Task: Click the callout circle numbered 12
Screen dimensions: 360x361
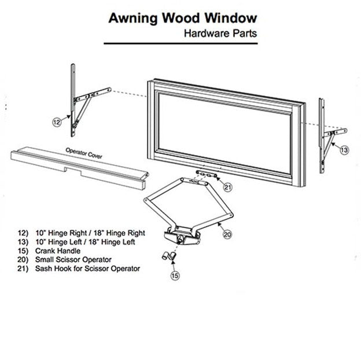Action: [56, 122]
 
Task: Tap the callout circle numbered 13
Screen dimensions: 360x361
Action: [344, 150]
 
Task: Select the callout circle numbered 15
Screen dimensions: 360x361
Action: [175, 276]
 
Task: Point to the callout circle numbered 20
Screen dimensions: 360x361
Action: [227, 234]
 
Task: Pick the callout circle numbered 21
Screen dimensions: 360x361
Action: [228, 186]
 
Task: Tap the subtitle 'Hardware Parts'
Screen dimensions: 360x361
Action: [220, 34]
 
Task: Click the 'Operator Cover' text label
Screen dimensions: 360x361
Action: [83, 152]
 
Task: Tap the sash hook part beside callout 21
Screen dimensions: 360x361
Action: [206, 174]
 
